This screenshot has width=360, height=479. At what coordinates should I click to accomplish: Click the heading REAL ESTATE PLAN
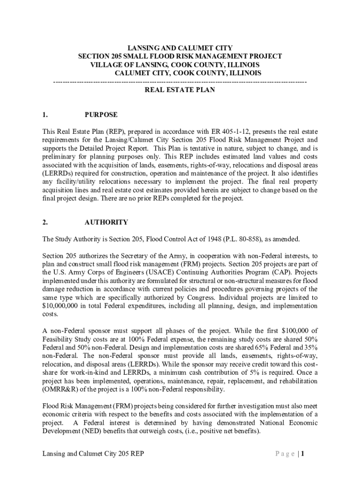[x=180, y=90]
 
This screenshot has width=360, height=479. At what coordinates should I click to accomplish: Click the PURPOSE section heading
[x=101, y=115]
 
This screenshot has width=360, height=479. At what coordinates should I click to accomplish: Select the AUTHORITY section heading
[x=106, y=222]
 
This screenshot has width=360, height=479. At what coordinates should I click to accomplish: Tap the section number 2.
[x=44, y=222]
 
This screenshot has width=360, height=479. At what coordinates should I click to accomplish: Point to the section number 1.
[x=44, y=115]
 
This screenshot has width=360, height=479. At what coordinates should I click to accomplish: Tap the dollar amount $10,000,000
[x=63, y=306]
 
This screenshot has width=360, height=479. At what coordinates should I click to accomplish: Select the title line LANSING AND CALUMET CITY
[x=180, y=48]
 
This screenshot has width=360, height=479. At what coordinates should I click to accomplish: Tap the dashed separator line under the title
[x=180, y=82]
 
